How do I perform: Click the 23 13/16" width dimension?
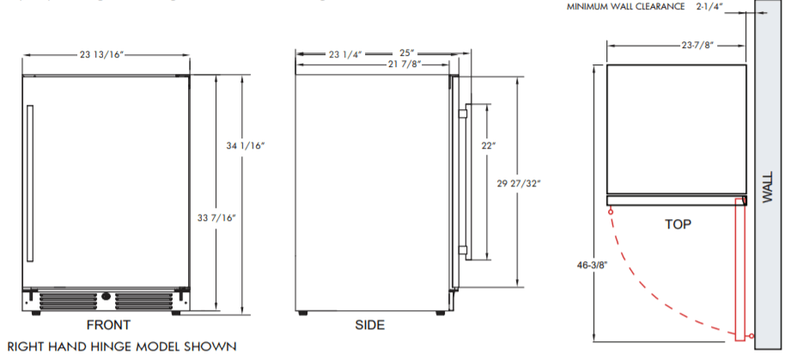tap(101, 54)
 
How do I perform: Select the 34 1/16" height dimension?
tap(246, 146)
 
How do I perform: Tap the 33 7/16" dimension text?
tap(216, 218)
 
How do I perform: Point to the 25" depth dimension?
tap(406, 53)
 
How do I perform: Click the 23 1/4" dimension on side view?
tap(345, 54)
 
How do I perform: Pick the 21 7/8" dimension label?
tap(405, 64)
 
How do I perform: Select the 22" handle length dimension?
tap(488, 146)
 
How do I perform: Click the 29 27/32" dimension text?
tap(519, 184)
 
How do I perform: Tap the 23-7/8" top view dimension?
tap(698, 46)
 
